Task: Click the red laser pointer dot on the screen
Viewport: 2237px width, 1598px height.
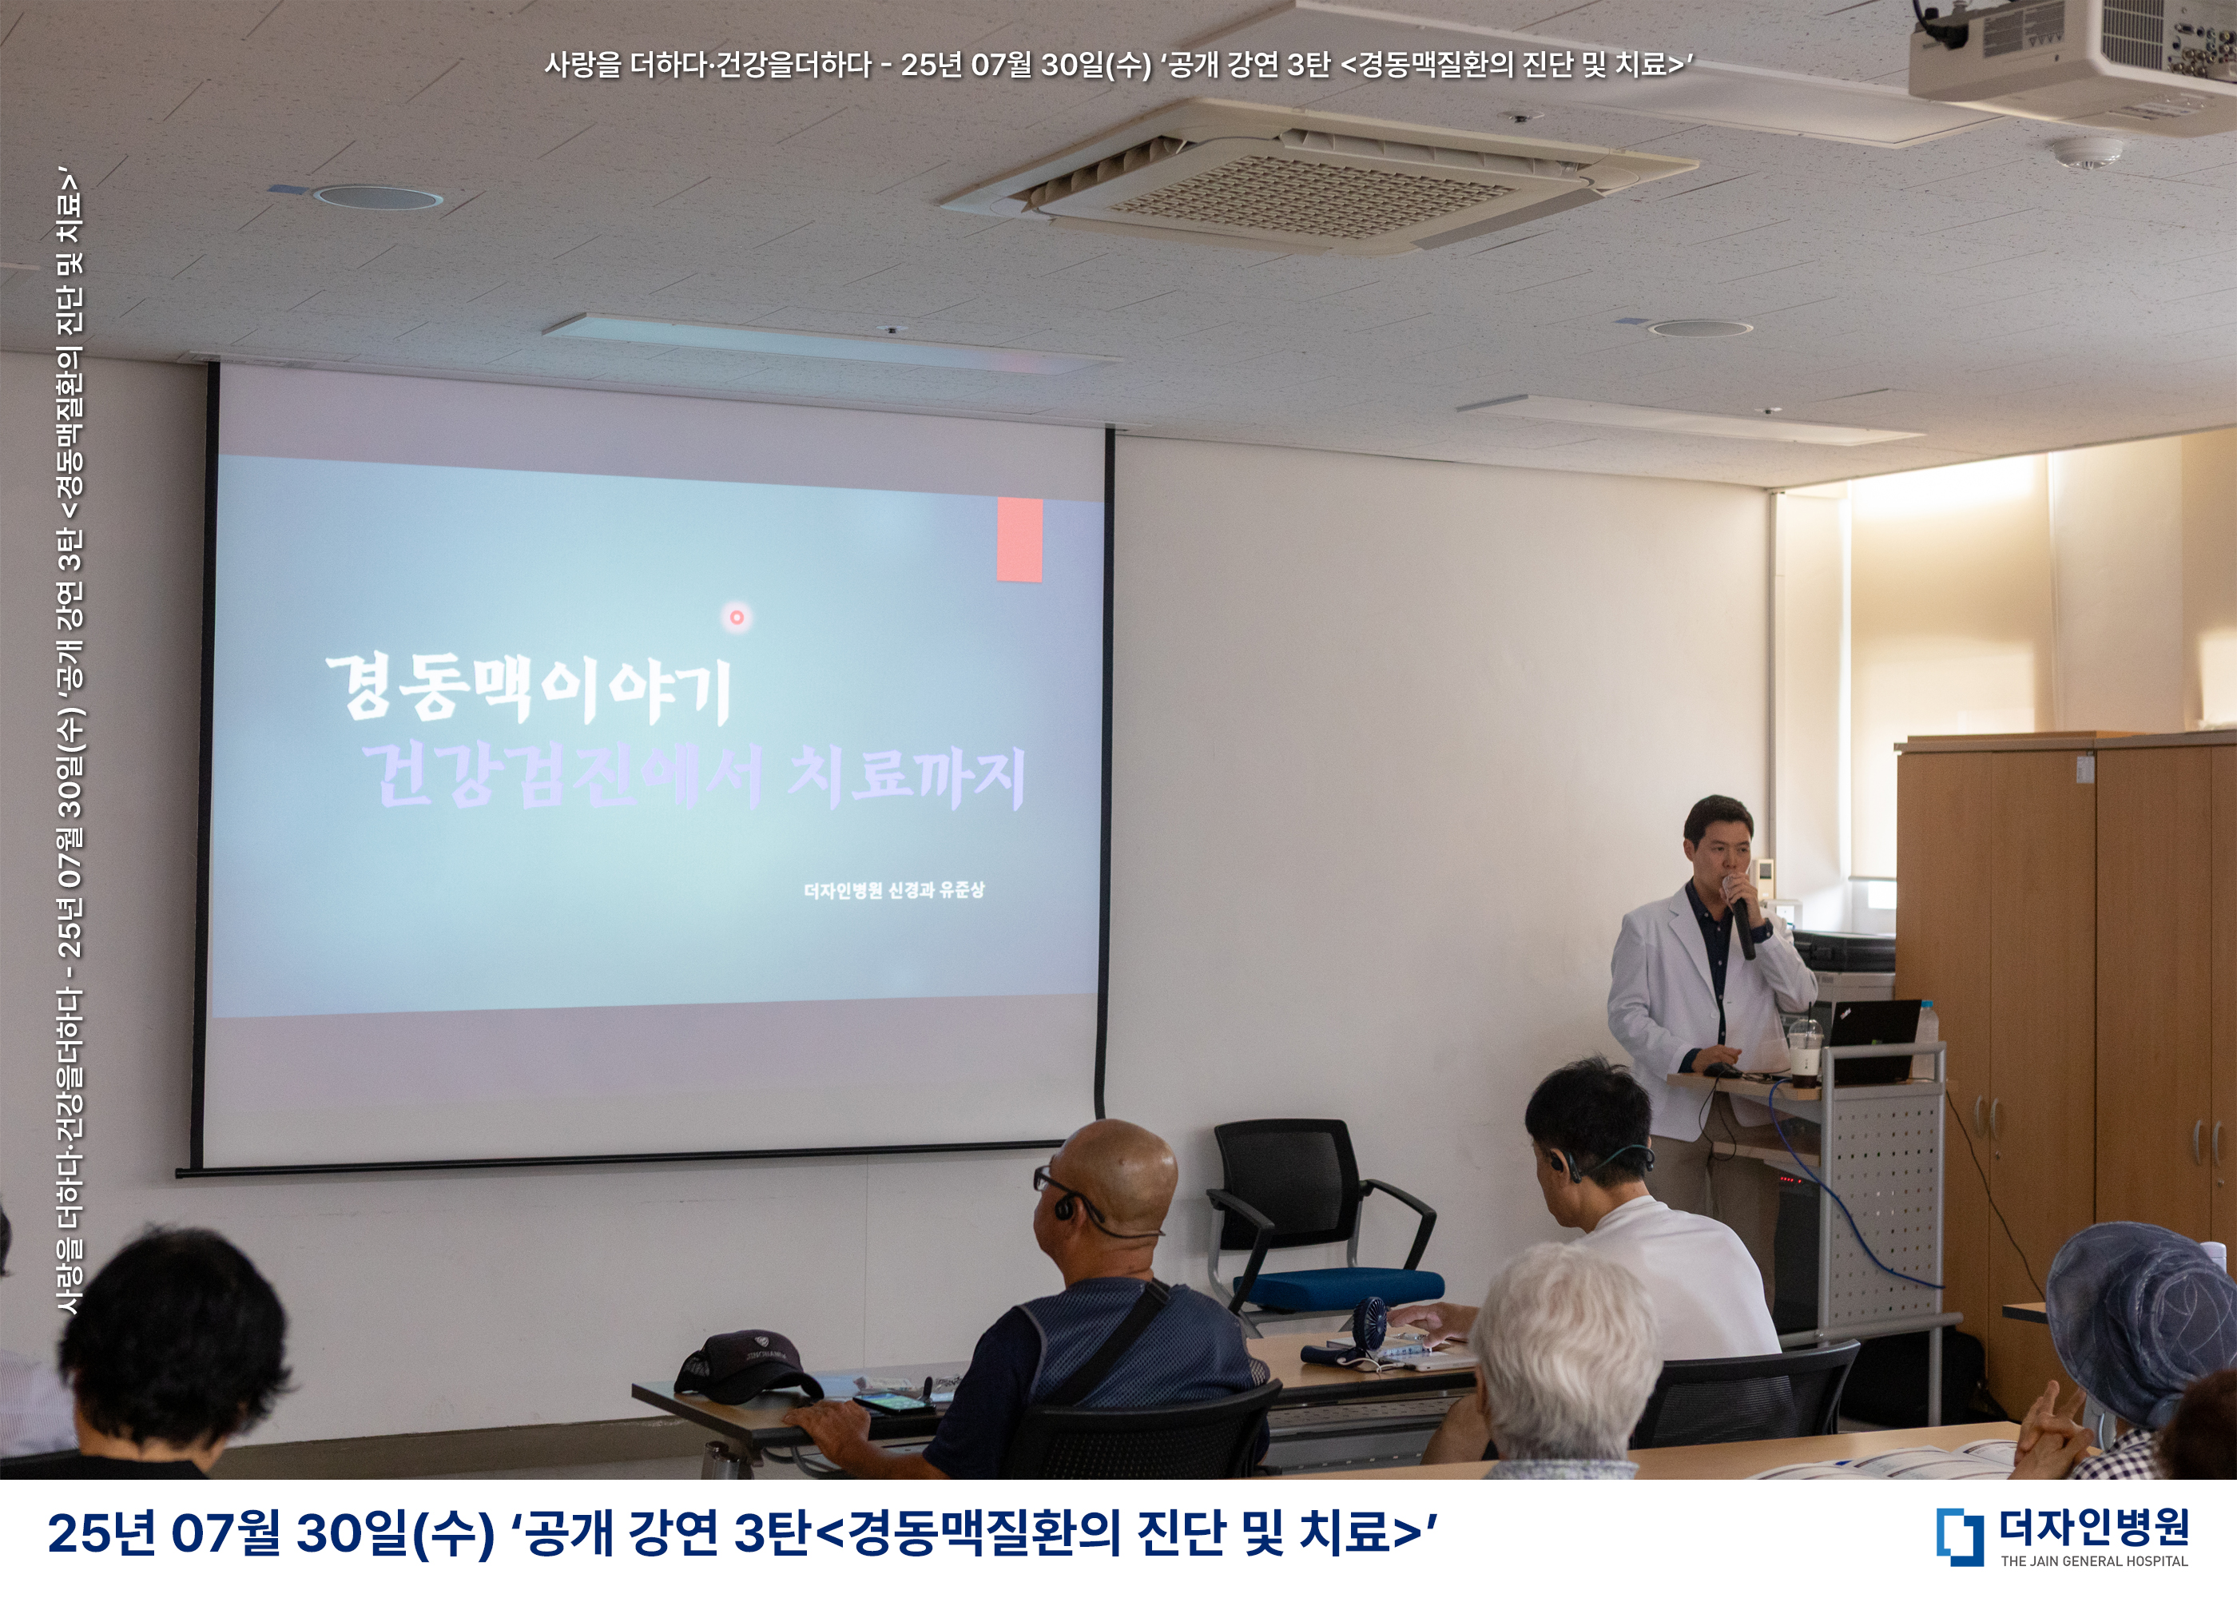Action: coord(736,617)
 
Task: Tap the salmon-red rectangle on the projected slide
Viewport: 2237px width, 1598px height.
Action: coord(1019,539)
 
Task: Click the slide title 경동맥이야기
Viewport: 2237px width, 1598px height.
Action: coord(529,689)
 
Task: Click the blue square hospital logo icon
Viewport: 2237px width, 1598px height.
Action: coord(1960,1536)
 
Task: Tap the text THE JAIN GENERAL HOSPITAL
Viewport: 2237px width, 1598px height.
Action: coord(2094,1560)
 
